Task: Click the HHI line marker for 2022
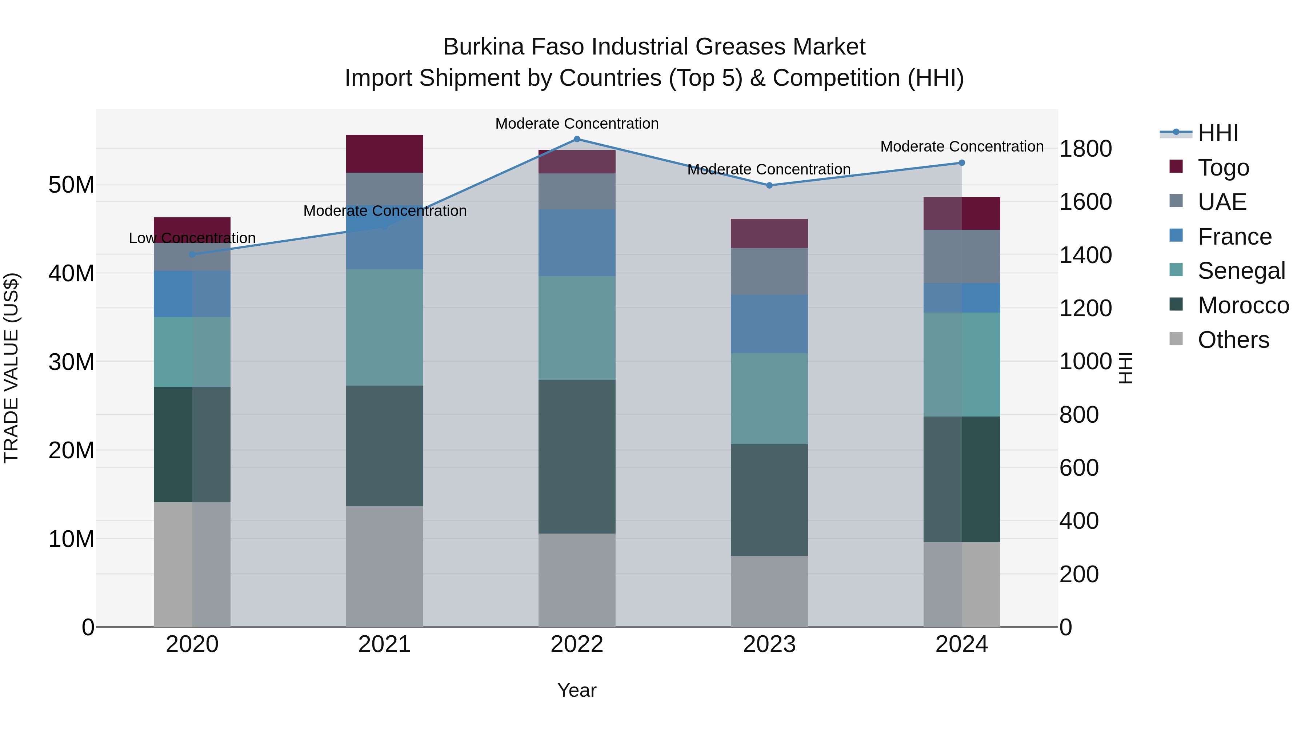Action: point(577,139)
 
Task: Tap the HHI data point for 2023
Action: point(769,185)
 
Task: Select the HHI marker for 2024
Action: point(961,162)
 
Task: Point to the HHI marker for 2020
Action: point(192,254)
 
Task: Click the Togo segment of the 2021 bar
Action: point(385,153)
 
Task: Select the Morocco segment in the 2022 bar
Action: point(577,456)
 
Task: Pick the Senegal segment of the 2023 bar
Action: point(769,398)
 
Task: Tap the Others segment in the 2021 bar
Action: point(385,566)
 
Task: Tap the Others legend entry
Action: point(1233,340)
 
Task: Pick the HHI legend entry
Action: point(1217,133)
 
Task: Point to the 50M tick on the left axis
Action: point(71,185)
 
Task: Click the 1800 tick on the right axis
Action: point(1085,149)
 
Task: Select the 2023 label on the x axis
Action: point(769,644)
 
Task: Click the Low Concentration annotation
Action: point(192,238)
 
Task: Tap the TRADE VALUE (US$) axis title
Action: point(12,368)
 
